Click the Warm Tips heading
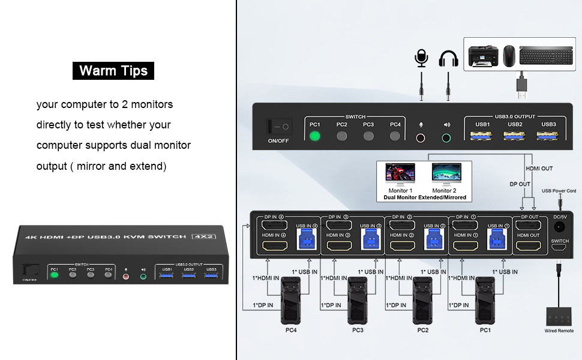pos(113,71)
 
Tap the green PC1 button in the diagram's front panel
pos(315,136)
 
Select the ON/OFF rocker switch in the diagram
pos(279,127)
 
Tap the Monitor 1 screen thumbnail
pos(400,175)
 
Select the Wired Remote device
pos(559,316)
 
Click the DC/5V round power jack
pos(559,227)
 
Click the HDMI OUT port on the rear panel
pos(529,246)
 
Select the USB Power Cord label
pos(559,191)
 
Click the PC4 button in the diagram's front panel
pos(395,136)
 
